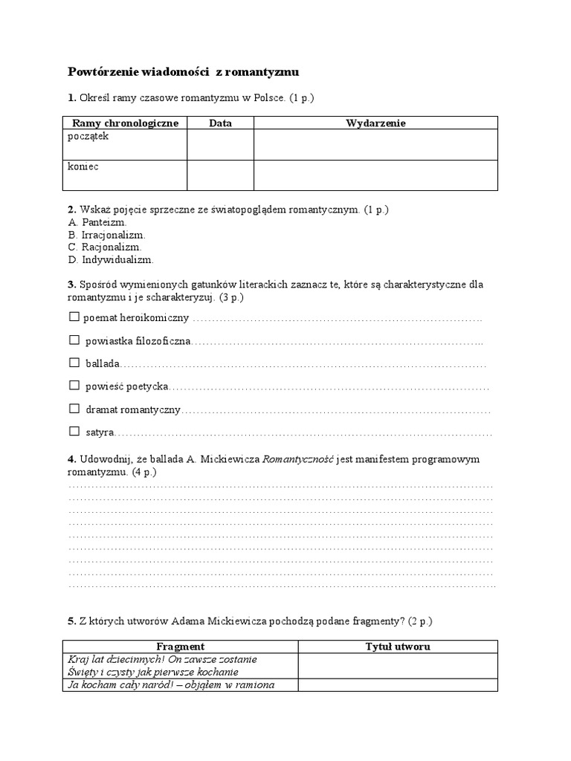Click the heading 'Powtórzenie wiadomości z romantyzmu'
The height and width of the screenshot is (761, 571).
[183, 72]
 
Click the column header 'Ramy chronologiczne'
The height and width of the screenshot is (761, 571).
[125, 123]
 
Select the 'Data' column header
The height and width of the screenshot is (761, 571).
[220, 123]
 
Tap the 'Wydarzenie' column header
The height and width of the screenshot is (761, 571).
[375, 123]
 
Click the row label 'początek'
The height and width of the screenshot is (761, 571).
[88, 137]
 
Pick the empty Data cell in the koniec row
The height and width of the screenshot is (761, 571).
[220, 175]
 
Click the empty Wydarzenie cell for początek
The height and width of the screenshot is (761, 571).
[375, 144]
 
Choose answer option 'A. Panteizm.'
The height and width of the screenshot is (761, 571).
[97, 222]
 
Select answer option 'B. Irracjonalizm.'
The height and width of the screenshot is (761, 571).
[106, 235]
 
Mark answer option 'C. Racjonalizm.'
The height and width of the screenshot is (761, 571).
[104, 247]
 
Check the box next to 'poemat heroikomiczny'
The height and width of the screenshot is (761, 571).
[74, 317]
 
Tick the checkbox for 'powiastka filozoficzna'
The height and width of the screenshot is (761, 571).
[74, 340]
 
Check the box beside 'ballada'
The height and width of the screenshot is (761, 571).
[74, 363]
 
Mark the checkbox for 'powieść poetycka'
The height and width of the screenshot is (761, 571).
[74, 386]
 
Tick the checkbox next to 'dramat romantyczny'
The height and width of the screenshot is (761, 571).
[74, 409]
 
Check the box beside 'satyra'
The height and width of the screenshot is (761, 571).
[74, 431]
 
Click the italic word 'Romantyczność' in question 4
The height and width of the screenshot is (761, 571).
[298, 459]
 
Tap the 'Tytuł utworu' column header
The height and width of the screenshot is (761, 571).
[398, 647]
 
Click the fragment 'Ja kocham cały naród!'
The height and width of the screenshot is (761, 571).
[120, 685]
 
